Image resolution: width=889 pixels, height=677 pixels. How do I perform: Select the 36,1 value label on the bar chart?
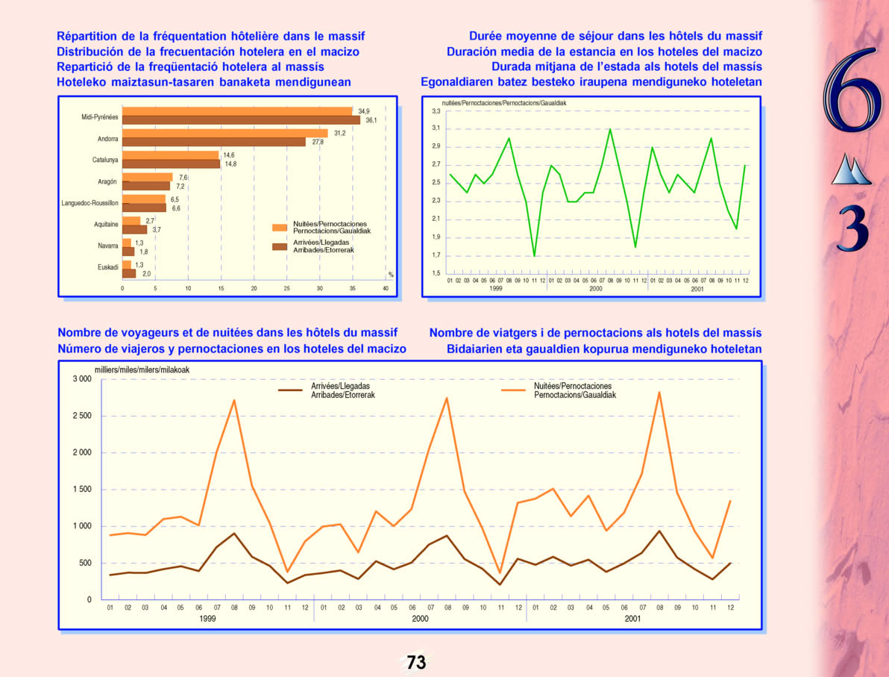pyautogui.click(x=371, y=120)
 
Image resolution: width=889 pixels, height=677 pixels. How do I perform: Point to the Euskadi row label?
pyautogui.click(x=107, y=267)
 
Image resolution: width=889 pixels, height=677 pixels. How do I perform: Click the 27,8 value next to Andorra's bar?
pyautogui.click(x=318, y=142)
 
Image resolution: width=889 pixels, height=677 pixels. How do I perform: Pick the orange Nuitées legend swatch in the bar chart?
pyautogui.click(x=280, y=228)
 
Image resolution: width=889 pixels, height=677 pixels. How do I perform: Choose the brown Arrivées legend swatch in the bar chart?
pyautogui.click(x=280, y=246)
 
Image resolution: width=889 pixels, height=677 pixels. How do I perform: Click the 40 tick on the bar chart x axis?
pyautogui.click(x=386, y=288)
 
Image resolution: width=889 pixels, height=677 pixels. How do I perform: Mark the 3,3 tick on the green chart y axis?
pyautogui.click(x=436, y=111)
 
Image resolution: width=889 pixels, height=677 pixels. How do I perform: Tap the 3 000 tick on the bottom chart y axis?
pyautogui.click(x=81, y=379)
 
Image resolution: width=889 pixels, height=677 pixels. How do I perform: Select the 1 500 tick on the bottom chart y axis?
pyautogui.click(x=81, y=490)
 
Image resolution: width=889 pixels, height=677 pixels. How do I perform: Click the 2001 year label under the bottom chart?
pyautogui.click(x=632, y=619)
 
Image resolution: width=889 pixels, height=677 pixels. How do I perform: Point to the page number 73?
pyautogui.click(x=416, y=661)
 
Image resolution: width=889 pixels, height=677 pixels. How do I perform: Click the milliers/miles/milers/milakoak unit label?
pyautogui.click(x=142, y=369)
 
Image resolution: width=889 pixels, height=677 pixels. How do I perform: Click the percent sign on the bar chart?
pyautogui.click(x=391, y=275)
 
